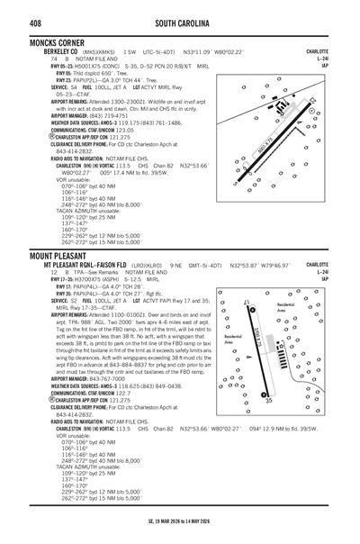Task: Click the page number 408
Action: (x=17, y=8)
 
